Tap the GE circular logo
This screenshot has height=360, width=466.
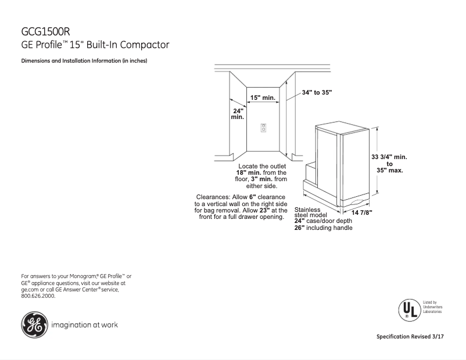point(33,325)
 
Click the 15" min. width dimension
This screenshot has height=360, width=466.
point(263,98)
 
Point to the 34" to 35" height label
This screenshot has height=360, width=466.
point(317,92)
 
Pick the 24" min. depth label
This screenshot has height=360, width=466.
point(238,114)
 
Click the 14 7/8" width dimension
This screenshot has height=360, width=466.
point(361,213)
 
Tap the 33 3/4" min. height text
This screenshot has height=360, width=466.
point(389,157)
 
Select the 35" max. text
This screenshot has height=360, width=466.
point(389,171)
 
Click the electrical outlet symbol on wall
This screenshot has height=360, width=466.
point(263,127)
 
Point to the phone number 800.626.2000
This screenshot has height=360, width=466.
point(38,296)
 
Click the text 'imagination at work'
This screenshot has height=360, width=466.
point(85,325)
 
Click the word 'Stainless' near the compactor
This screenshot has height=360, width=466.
point(307,209)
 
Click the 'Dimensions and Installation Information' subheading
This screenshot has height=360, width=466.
point(84,61)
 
